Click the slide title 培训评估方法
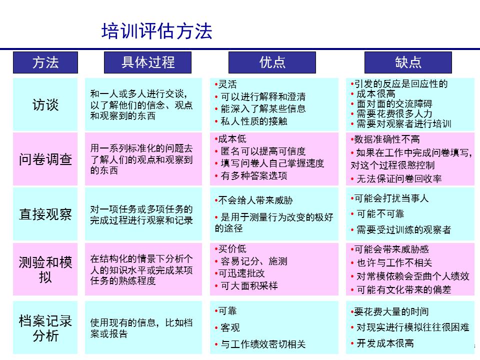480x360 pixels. coord(156,30)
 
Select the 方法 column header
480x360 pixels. coord(45,62)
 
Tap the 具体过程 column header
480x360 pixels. coord(148,62)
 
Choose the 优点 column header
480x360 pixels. coord(272,62)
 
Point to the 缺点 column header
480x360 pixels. coord(408,62)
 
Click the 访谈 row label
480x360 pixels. coord(45,105)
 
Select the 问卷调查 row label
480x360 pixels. coord(45,159)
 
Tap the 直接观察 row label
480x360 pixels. coord(45,214)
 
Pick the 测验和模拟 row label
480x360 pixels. coord(45,269)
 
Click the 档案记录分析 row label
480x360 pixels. coord(45,328)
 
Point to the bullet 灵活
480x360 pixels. coord(227,84)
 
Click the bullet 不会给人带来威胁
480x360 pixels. coord(255,200)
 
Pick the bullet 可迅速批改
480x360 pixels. coord(241,273)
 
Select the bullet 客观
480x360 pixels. coord(230,327)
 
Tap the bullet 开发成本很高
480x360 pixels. coord(385,343)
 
